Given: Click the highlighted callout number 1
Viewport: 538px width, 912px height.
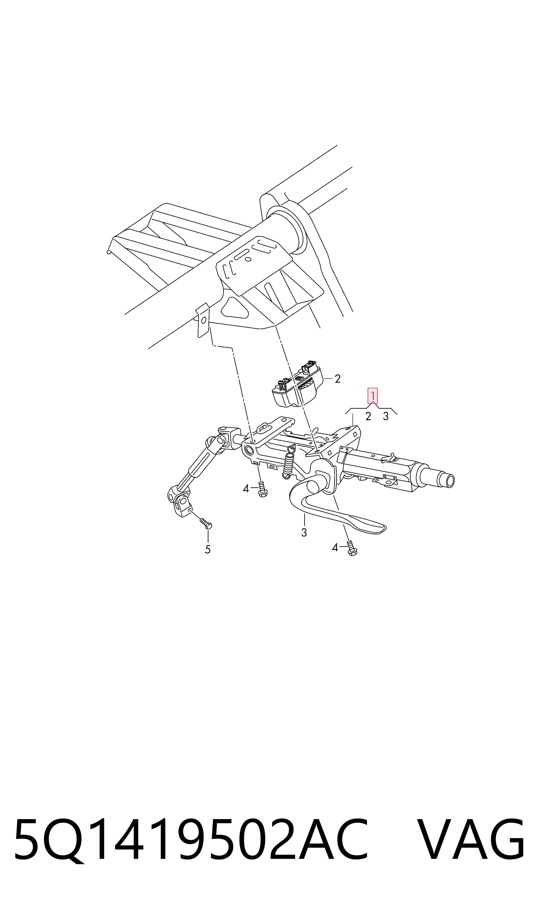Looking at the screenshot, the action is pyautogui.click(x=373, y=396).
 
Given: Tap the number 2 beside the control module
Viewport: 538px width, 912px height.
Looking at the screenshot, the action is pyautogui.click(x=338, y=379).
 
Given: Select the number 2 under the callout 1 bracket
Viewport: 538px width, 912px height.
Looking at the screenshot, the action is pyautogui.click(x=368, y=416).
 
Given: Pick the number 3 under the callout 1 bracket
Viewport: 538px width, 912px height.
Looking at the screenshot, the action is pyautogui.click(x=386, y=416).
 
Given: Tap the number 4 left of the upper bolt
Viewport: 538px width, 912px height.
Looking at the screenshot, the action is pyautogui.click(x=246, y=489).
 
